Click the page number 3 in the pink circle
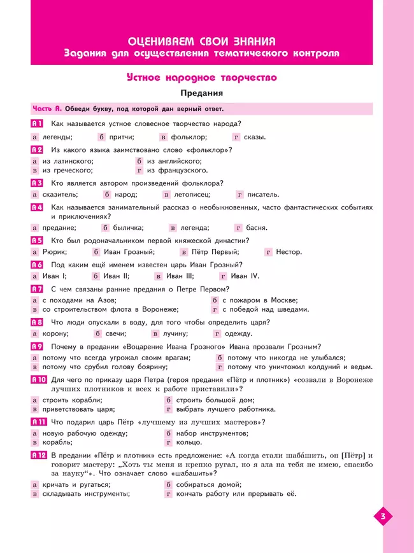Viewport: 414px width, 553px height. click(x=382, y=515)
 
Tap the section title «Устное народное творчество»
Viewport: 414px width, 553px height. click(x=201, y=78)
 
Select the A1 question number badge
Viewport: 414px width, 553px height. click(x=37, y=123)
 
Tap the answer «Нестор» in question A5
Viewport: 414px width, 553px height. click(x=289, y=252)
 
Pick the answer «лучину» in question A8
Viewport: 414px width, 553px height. click(x=175, y=333)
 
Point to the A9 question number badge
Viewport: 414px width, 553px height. click(x=37, y=346)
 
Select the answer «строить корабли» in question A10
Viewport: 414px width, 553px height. click(x=69, y=400)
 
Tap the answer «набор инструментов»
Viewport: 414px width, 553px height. click(x=212, y=433)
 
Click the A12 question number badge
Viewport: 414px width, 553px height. click(x=39, y=454)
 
